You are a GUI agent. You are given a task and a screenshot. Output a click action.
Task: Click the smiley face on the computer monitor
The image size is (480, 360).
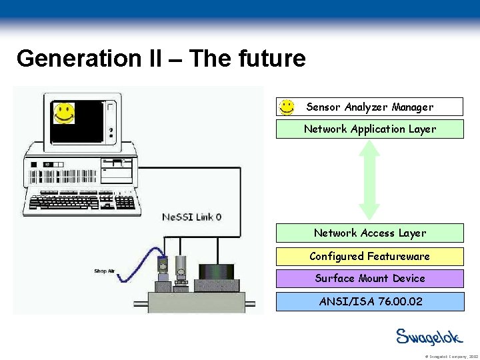(63, 113)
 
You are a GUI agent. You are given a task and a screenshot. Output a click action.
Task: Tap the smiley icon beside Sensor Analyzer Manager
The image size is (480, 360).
(287, 107)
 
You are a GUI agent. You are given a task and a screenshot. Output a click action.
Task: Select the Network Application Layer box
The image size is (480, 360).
(370, 129)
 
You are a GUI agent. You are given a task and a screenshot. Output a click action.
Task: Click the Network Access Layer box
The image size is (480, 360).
(370, 233)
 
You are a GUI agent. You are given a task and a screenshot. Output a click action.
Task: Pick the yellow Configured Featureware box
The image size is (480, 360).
(370, 257)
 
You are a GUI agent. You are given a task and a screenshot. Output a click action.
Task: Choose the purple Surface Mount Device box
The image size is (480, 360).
(370, 279)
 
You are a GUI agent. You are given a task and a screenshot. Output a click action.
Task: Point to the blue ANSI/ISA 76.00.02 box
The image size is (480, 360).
(370, 301)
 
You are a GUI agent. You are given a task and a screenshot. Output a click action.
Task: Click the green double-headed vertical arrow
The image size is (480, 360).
(369, 180)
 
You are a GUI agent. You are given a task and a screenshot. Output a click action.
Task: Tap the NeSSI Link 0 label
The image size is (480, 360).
(192, 217)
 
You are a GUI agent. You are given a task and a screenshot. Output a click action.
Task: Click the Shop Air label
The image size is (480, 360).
(105, 271)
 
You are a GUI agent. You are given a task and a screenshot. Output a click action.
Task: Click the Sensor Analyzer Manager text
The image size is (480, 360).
(369, 107)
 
